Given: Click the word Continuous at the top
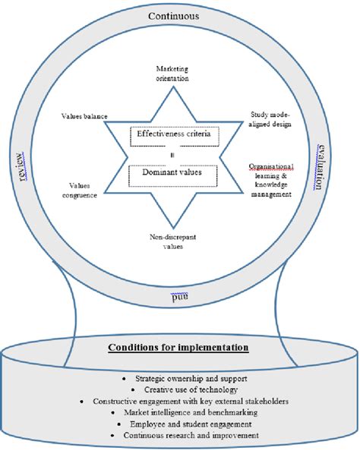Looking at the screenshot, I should [x=173, y=16].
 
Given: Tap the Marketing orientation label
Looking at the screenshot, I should [x=172, y=73].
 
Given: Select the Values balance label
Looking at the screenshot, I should [x=84, y=117].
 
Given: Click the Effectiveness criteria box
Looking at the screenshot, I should [x=172, y=136].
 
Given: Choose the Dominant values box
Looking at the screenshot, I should [x=173, y=173].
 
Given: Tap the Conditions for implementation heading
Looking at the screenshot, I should [x=179, y=348].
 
